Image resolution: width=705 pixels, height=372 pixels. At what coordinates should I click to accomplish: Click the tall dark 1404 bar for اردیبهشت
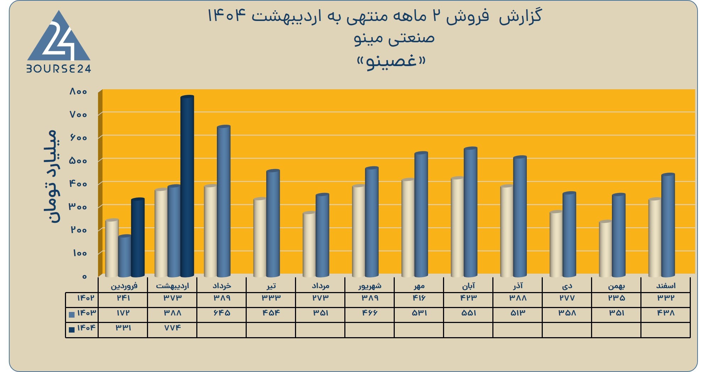click(x=187, y=186)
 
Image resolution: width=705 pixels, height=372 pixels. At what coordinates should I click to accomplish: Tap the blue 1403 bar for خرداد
click(x=224, y=201)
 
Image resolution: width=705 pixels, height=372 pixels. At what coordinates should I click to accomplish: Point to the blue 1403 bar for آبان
click(x=470, y=212)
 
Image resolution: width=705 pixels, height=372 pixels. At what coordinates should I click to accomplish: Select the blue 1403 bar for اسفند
click(x=668, y=225)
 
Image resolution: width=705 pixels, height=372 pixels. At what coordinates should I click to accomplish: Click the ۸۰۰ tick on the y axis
click(x=78, y=92)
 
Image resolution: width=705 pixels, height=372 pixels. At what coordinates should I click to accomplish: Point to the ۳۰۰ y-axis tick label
click(x=78, y=207)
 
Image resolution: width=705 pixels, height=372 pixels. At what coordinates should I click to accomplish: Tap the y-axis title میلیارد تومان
click(x=49, y=176)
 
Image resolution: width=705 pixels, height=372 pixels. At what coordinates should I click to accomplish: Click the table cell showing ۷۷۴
click(x=172, y=328)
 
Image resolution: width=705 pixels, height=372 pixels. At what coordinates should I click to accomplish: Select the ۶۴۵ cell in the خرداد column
click(x=222, y=313)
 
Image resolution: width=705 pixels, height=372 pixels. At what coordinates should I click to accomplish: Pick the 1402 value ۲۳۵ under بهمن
click(x=616, y=298)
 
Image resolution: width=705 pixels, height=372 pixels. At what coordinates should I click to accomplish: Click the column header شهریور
click(x=370, y=286)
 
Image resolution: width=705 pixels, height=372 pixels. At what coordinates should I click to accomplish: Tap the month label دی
click(x=567, y=286)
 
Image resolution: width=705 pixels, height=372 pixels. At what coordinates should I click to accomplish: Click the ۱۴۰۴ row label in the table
click(x=86, y=328)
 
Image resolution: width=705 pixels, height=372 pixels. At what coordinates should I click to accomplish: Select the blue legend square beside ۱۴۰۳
click(x=72, y=314)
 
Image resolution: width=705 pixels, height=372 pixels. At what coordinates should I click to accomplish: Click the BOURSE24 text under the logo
click(x=59, y=69)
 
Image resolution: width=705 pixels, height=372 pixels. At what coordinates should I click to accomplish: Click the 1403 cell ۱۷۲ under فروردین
click(x=123, y=313)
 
